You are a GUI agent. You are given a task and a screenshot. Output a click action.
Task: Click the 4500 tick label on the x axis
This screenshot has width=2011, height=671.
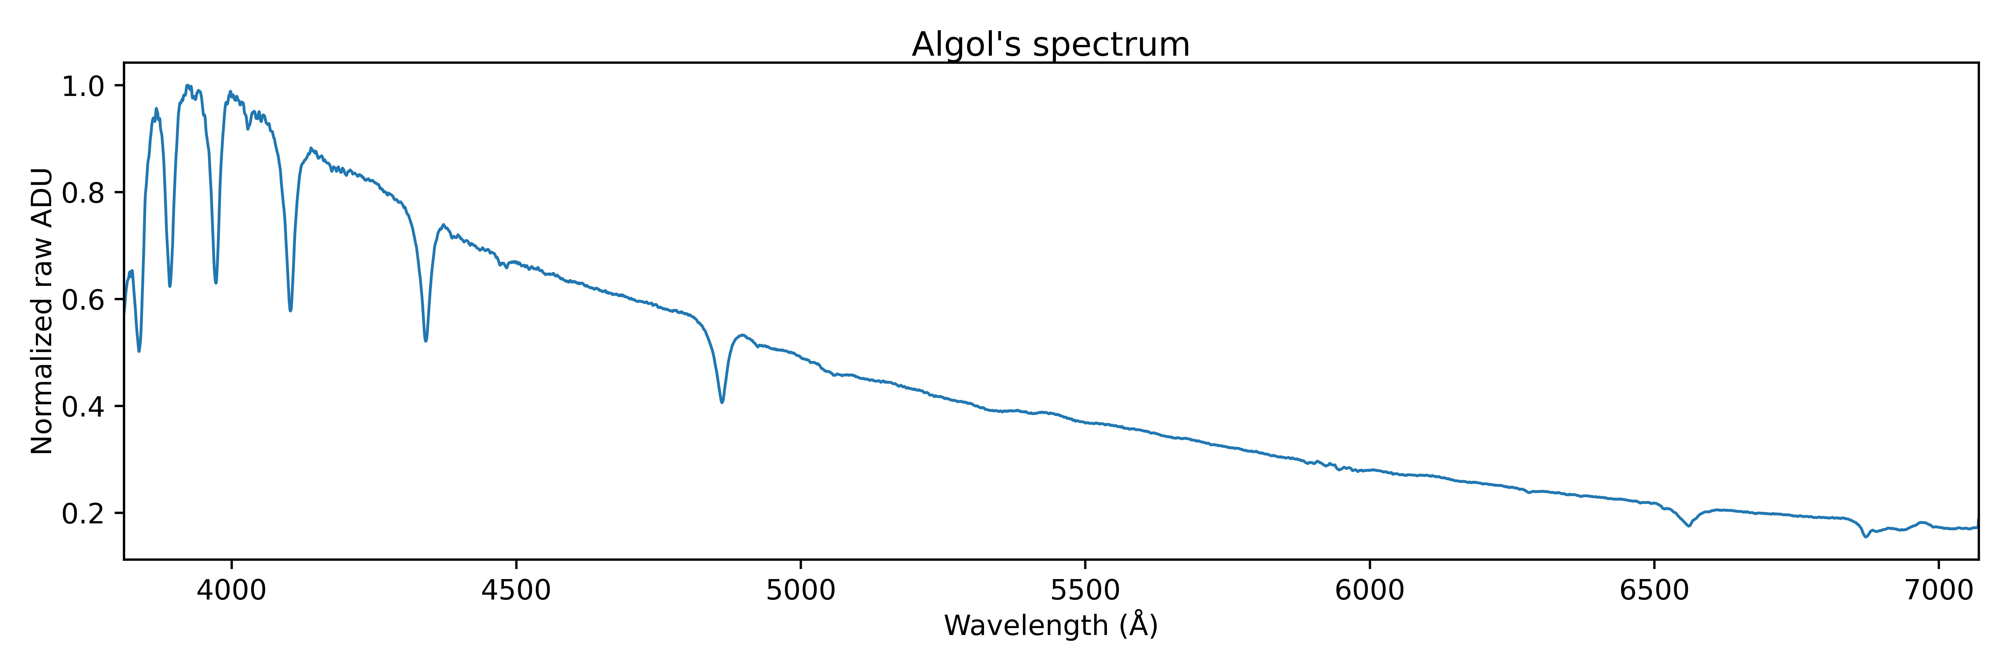516,590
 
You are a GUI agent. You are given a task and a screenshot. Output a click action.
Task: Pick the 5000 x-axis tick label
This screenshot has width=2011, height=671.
801,590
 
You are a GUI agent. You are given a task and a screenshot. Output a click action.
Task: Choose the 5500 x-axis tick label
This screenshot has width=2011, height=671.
1085,590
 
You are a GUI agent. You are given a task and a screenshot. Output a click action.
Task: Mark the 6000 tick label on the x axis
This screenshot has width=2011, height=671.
1370,590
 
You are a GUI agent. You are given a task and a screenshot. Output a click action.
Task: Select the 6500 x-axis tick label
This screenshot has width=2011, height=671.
1654,590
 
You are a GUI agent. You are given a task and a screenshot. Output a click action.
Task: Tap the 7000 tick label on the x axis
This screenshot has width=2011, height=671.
1939,590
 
